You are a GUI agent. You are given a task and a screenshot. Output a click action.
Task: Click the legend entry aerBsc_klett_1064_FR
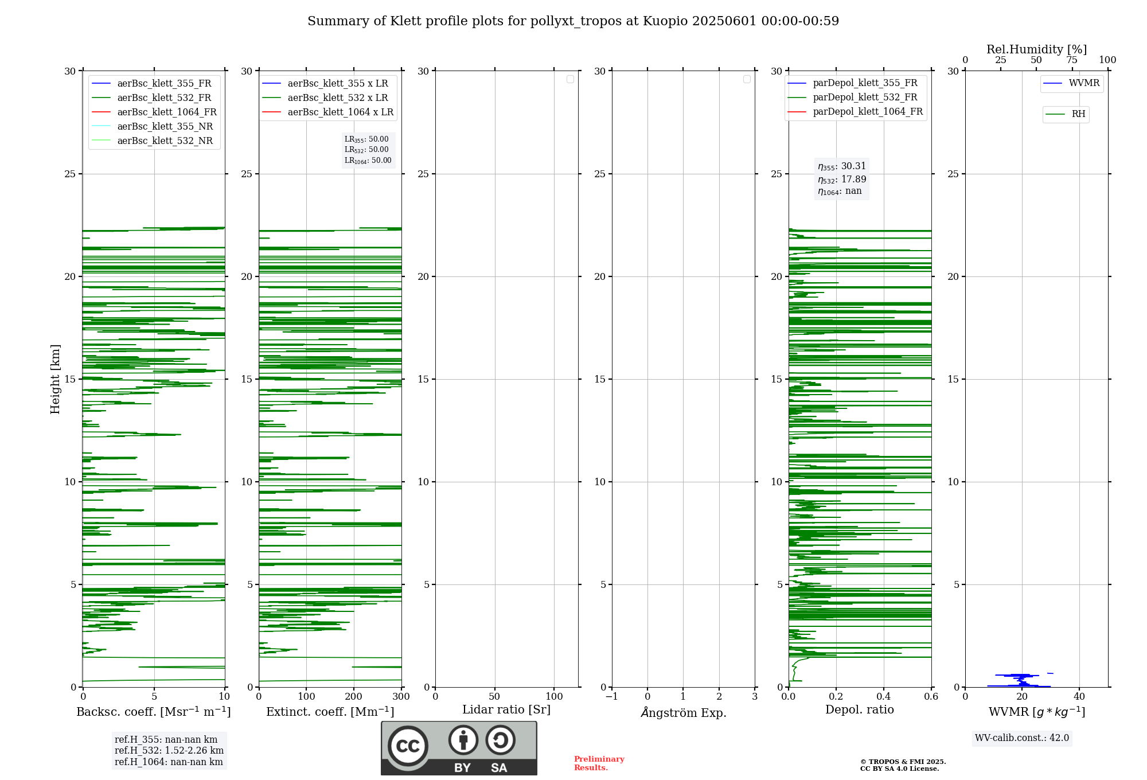pos(167,112)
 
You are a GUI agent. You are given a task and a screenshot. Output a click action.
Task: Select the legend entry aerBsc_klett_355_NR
pos(165,127)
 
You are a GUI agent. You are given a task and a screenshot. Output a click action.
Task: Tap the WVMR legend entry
pos(1084,83)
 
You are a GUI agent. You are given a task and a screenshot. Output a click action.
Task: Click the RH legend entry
pos(1078,114)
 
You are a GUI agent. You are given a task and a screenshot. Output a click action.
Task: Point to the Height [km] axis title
pos(55,379)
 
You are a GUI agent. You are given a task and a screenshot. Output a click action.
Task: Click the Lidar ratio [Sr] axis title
pos(506,710)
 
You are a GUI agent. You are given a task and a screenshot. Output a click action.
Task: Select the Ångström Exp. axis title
pos(684,713)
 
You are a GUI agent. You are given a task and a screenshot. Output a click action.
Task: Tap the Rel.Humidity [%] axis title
pos(1036,49)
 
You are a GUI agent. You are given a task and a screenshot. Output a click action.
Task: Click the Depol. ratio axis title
pos(859,710)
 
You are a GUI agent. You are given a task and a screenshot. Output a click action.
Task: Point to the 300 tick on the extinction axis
pos(401,697)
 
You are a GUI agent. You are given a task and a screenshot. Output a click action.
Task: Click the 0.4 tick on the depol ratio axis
pos(883,697)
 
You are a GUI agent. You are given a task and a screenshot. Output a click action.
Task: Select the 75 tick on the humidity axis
pos(1071,60)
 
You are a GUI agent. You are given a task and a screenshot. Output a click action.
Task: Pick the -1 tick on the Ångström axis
pos(611,697)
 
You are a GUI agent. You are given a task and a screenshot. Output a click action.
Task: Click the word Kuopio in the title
pos(665,21)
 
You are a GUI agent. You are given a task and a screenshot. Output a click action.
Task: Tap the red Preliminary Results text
pos(599,763)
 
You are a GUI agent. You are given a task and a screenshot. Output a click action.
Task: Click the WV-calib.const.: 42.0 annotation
pos(1021,738)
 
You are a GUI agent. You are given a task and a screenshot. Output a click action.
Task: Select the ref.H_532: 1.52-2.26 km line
pos(169,751)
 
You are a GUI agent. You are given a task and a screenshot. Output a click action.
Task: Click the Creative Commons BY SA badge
pos(459,748)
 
